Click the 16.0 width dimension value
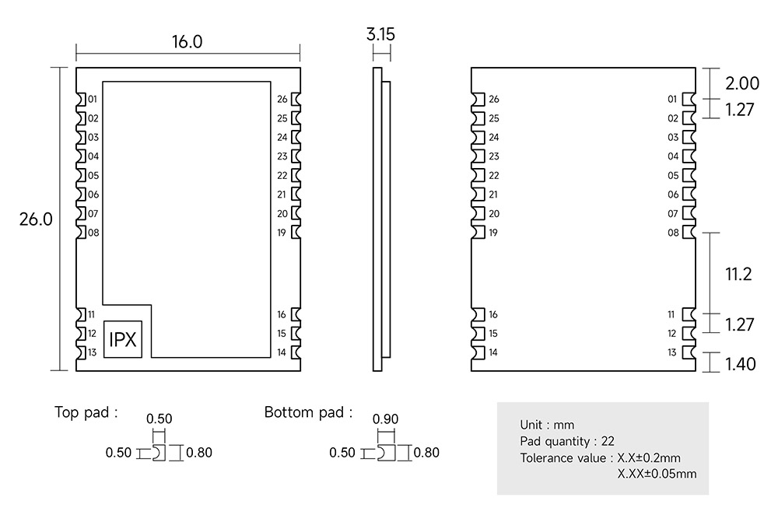187,42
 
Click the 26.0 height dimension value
36,219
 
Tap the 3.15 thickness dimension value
381,34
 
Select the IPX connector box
124,340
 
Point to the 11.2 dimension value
738,274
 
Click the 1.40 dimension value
740,363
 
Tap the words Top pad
86,412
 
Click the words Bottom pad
308,412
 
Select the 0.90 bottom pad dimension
386,419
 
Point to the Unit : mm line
547,425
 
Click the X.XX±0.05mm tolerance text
657,473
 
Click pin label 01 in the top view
93,100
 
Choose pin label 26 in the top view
282,100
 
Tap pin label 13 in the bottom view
672,352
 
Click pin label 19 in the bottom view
493,233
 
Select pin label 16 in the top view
282,314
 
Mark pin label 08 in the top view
93,233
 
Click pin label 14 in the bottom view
493,352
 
